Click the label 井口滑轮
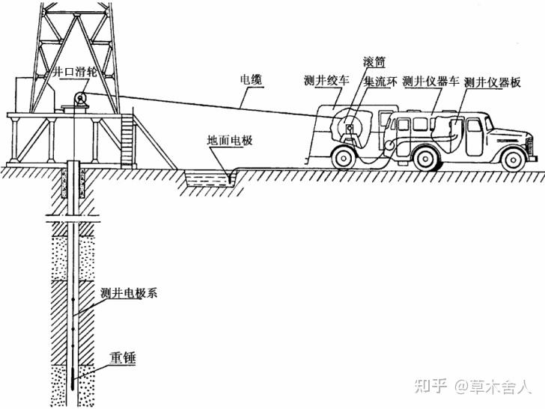pos(74,73)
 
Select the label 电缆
pos(251,80)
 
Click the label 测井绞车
pos(326,82)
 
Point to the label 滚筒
pos(374,62)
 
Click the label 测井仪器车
pos(431,82)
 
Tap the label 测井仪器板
pos(493,83)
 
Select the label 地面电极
pos(229,141)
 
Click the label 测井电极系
pos(129,293)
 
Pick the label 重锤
pos(122,358)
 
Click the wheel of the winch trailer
pos(344,158)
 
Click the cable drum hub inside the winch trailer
pos(349,128)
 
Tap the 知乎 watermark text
pos(430,386)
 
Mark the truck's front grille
pos(530,146)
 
